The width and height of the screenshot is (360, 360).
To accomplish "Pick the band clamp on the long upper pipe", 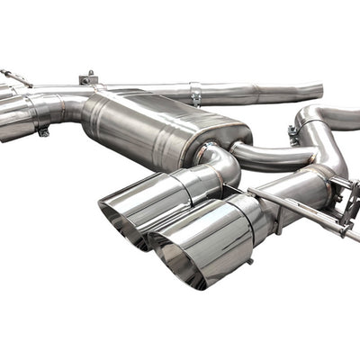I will (195, 94).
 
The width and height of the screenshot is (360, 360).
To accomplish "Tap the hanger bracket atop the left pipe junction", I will (87, 78).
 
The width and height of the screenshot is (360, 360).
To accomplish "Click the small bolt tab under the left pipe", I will (43, 132).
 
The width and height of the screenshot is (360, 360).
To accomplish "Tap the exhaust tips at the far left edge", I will (13, 112).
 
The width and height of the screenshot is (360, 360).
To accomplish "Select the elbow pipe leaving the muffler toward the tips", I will (220, 162).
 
